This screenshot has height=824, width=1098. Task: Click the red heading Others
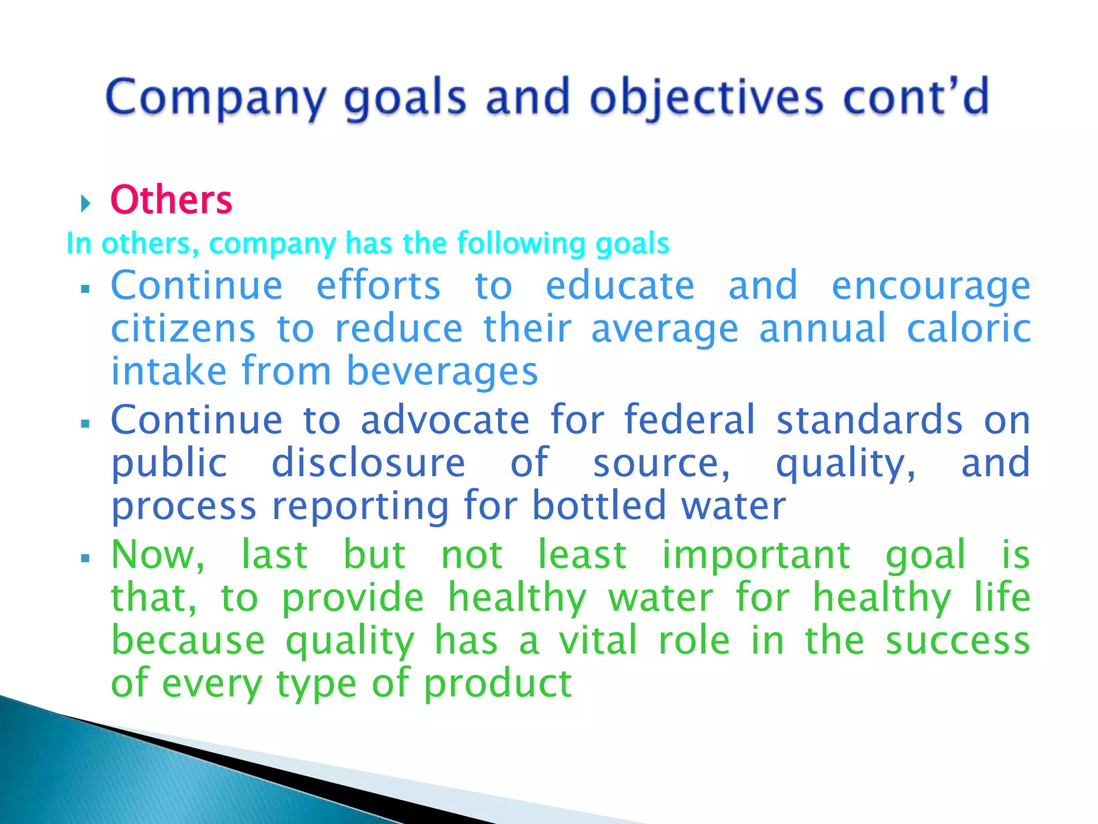point(171,200)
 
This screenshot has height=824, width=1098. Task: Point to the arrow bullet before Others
point(86,203)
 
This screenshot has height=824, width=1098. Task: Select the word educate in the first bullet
point(620,285)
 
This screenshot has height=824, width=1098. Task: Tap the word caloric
point(968,328)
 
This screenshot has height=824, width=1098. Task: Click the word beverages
point(442,371)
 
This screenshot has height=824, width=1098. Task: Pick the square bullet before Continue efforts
point(85,289)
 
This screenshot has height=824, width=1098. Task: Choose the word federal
point(690,420)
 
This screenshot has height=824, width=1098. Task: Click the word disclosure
point(368,462)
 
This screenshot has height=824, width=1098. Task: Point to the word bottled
point(599,505)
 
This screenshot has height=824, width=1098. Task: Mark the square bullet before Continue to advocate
point(85,424)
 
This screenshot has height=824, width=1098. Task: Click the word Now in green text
point(157,555)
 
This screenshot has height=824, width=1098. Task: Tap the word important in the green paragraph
point(756,555)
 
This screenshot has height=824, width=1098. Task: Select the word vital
point(598,640)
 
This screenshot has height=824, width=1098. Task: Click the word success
point(958,640)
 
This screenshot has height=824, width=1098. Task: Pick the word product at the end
point(498,683)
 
